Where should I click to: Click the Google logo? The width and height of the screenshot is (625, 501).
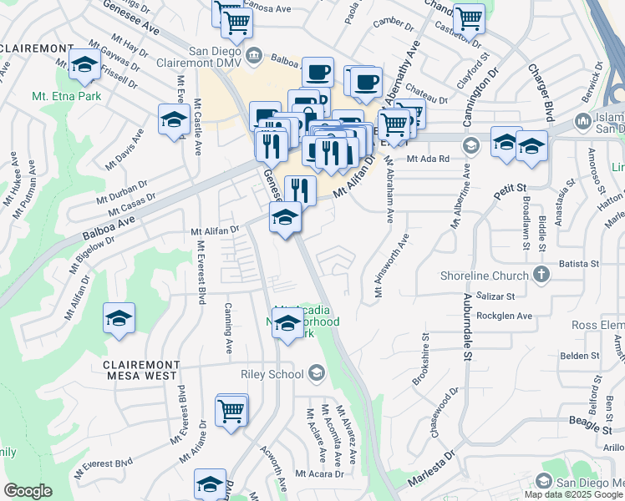(x=28, y=491)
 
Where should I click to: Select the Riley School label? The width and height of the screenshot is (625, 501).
(x=272, y=374)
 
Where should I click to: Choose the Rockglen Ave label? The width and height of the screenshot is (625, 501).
(x=504, y=316)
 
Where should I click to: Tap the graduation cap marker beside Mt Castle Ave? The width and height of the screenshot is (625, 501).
(x=173, y=119)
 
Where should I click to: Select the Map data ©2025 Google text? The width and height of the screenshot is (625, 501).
(x=574, y=494)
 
